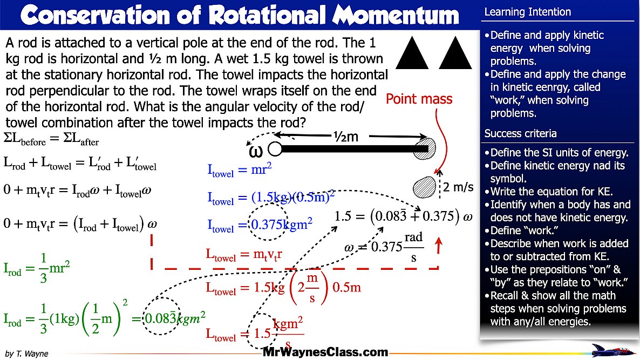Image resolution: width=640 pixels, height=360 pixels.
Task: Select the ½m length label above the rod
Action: pyautogui.click(x=345, y=137)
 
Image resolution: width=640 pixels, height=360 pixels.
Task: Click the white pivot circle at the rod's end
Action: pyautogui.click(x=275, y=148)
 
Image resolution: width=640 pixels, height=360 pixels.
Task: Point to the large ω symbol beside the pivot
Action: pyautogui.click(x=256, y=151)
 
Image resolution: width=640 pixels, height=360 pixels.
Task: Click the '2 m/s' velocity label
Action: pyautogui.click(x=459, y=188)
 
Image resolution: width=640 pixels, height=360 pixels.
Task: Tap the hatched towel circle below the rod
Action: pyautogui.click(x=424, y=187)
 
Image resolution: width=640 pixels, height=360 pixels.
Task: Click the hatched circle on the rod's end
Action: pyautogui.click(x=424, y=148)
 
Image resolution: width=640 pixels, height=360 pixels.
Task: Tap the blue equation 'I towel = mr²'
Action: pyautogui.click(x=240, y=170)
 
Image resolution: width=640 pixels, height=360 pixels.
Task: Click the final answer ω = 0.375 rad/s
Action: pyautogui.click(x=384, y=248)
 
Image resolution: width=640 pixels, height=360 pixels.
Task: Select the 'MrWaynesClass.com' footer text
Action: pyautogui.click(x=325, y=352)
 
